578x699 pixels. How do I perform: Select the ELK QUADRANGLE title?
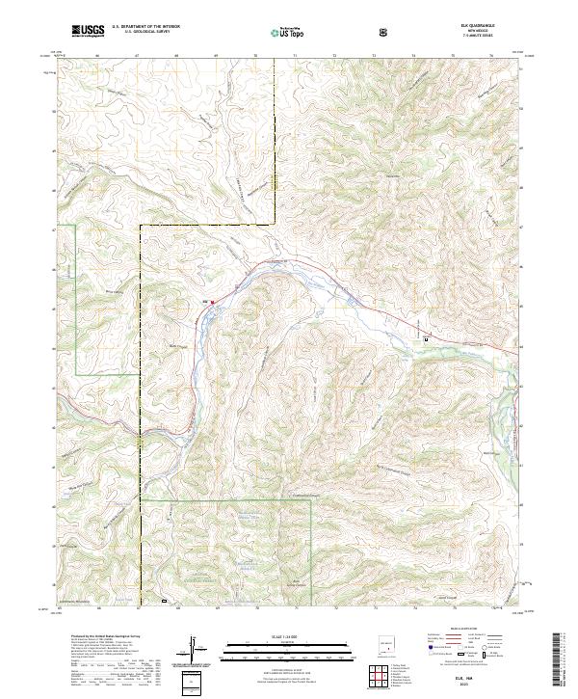(x=476, y=27)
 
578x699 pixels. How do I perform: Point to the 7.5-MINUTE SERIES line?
(x=476, y=38)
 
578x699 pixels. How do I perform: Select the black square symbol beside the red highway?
(x=426, y=337)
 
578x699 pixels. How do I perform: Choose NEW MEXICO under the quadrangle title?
(x=476, y=33)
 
